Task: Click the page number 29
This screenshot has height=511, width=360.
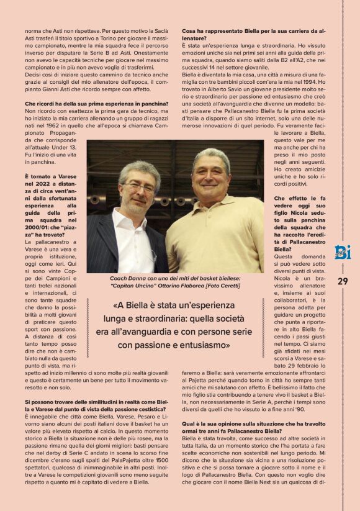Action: pos(343,281)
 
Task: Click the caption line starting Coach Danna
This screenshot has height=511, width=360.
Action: pos(175,278)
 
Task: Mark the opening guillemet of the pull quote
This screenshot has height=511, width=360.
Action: pos(116,306)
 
